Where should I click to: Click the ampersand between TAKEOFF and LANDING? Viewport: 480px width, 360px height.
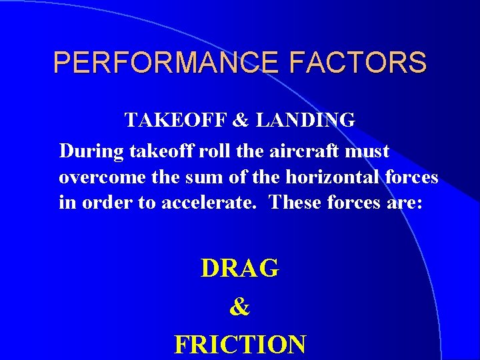tap(239, 121)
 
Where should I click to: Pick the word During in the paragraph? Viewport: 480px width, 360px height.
tap(84, 151)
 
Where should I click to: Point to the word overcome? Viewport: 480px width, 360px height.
tap(96, 177)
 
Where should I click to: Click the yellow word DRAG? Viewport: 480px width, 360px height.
tap(240, 268)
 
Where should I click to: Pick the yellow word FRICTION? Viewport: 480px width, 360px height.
tap(240, 345)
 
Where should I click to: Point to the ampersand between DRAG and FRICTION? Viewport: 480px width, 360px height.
tap(239, 307)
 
